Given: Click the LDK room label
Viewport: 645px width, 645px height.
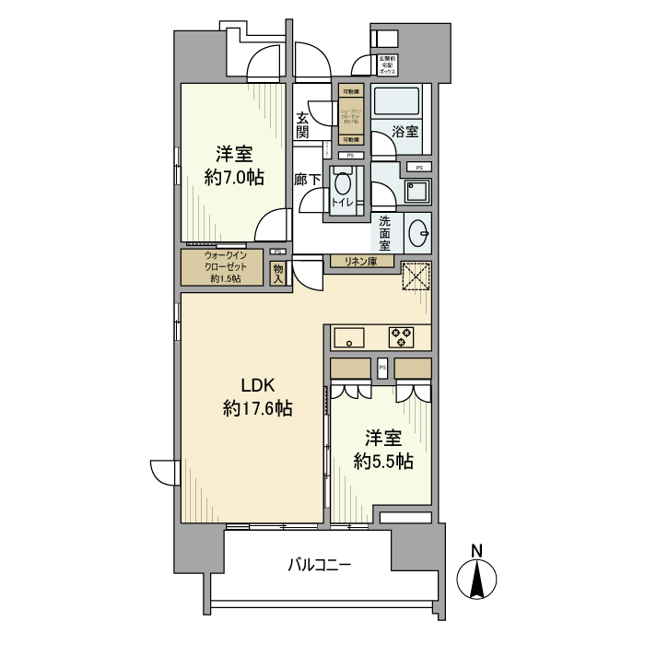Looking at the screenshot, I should (x=259, y=386).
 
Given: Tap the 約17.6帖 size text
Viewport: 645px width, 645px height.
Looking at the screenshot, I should (x=258, y=408).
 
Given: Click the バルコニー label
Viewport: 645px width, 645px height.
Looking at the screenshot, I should (x=319, y=564).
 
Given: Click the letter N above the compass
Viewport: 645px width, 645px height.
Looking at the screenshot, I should (x=477, y=551).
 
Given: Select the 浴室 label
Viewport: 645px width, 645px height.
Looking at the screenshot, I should (x=405, y=131).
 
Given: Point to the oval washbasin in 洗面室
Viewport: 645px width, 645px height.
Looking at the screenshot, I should (x=417, y=231).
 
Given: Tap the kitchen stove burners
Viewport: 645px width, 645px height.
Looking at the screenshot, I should (x=402, y=336).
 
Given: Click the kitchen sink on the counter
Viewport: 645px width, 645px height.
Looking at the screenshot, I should (x=350, y=336).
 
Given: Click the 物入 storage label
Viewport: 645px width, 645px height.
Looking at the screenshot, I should (x=278, y=273).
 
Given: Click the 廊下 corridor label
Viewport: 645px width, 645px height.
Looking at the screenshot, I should (x=307, y=181).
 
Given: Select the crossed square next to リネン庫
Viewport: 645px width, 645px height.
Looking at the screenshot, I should (x=416, y=276).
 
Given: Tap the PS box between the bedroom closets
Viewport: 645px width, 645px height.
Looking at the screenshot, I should (x=381, y=368).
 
